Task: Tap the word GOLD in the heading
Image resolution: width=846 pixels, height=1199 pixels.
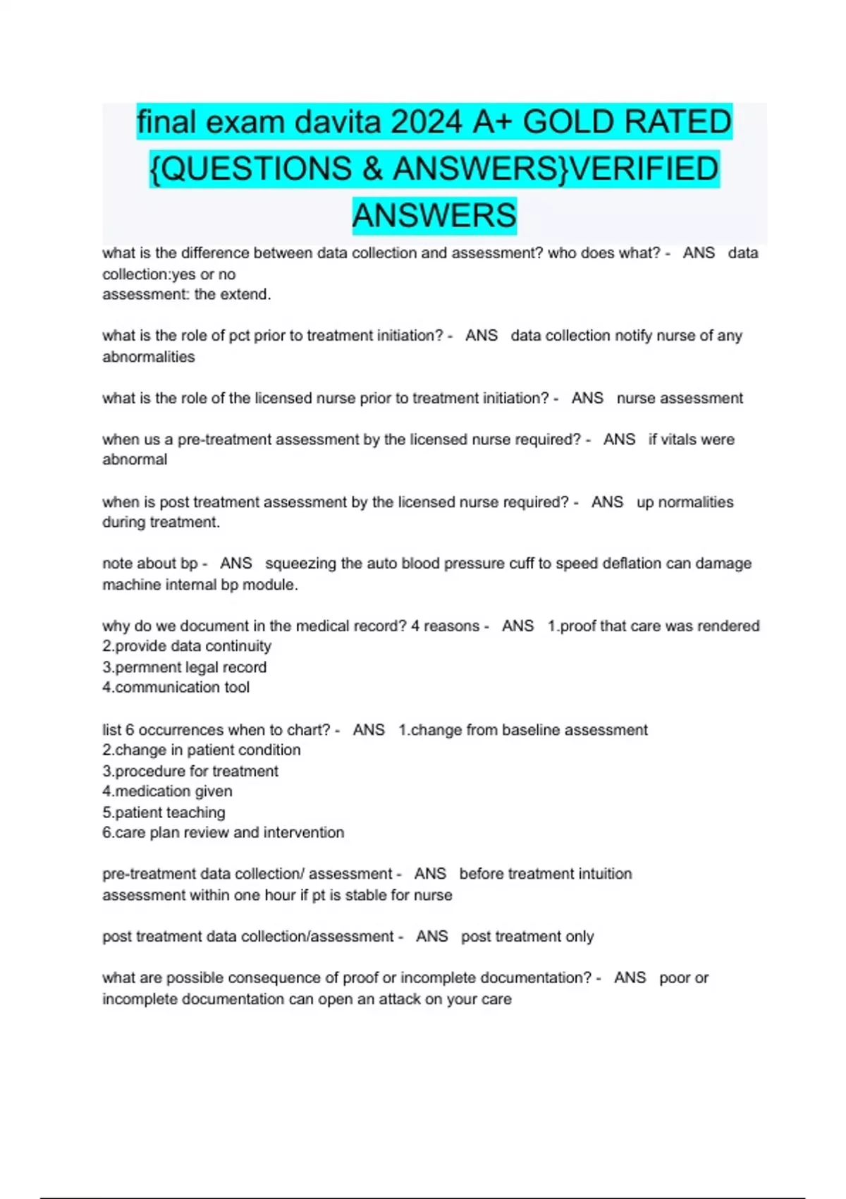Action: click(x=568, y=122)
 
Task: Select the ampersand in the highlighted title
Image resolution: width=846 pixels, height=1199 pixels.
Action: click(x=372, y=169)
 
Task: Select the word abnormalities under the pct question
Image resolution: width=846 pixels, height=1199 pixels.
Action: click(x=149, y=357)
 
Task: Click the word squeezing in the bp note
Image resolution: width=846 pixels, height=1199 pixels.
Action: click(x=300, y=564)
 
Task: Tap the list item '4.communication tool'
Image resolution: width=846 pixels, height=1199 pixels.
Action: click(x=176, y=688)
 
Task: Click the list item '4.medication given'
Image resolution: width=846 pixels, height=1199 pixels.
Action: click(x=167, y=791)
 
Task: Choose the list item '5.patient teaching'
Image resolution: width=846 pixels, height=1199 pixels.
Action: click(x=164, y=812)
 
